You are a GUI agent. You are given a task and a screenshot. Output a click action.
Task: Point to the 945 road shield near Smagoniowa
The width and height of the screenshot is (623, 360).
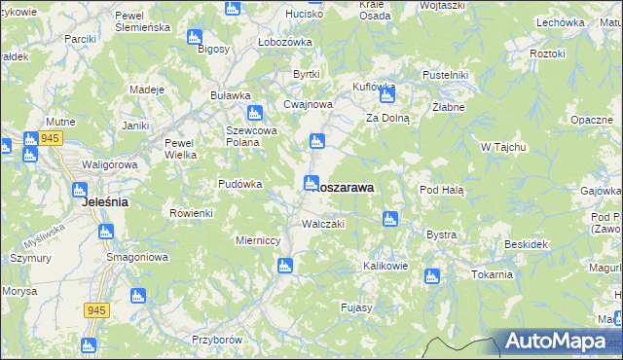coord(95,309)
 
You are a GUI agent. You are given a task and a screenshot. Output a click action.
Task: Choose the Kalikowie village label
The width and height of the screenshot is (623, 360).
coord(385,266)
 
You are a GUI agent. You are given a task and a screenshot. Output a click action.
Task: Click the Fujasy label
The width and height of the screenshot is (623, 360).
coord(357,307)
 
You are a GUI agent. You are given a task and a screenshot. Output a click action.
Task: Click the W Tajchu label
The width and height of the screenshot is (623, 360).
coord(503,147)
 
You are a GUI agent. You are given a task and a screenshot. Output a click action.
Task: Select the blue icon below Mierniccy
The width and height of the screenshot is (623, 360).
coord(285,265)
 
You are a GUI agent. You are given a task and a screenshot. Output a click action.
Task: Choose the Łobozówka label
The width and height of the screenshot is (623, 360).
coord(284,42)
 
